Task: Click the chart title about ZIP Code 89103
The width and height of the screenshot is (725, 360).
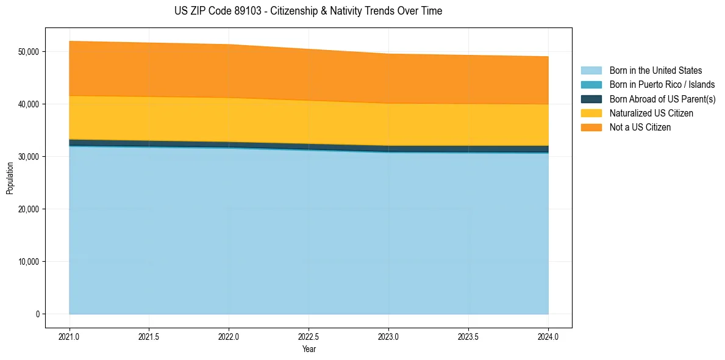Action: [x=308, y=11]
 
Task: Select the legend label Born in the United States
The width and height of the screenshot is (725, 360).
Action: [x=655, y=71]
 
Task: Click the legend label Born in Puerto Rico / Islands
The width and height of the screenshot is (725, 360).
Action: [x=662, y=85]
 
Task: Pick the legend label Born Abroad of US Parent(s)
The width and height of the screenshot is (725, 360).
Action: [x=662, y=99]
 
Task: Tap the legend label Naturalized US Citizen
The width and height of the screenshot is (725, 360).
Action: [x=651, y=113]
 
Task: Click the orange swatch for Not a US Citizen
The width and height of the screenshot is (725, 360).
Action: [x=591, y=128]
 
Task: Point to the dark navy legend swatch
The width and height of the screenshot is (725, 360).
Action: [x=591, y=99]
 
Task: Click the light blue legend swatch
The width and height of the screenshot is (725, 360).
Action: [x=591, y=71]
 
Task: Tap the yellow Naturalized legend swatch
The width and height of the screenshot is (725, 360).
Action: [x=591, y=113]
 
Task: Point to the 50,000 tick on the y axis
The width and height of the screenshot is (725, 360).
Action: [x=29, y=52]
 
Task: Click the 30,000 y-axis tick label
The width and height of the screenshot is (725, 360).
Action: [x=29, y=157]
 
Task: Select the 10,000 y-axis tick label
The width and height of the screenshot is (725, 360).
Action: [x=29, y=262]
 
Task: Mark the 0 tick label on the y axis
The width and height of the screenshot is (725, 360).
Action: [x=37, y=314]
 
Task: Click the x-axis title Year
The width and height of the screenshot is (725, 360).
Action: [x=309, y=350]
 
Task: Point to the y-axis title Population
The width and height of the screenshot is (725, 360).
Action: [x=10, y=178]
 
